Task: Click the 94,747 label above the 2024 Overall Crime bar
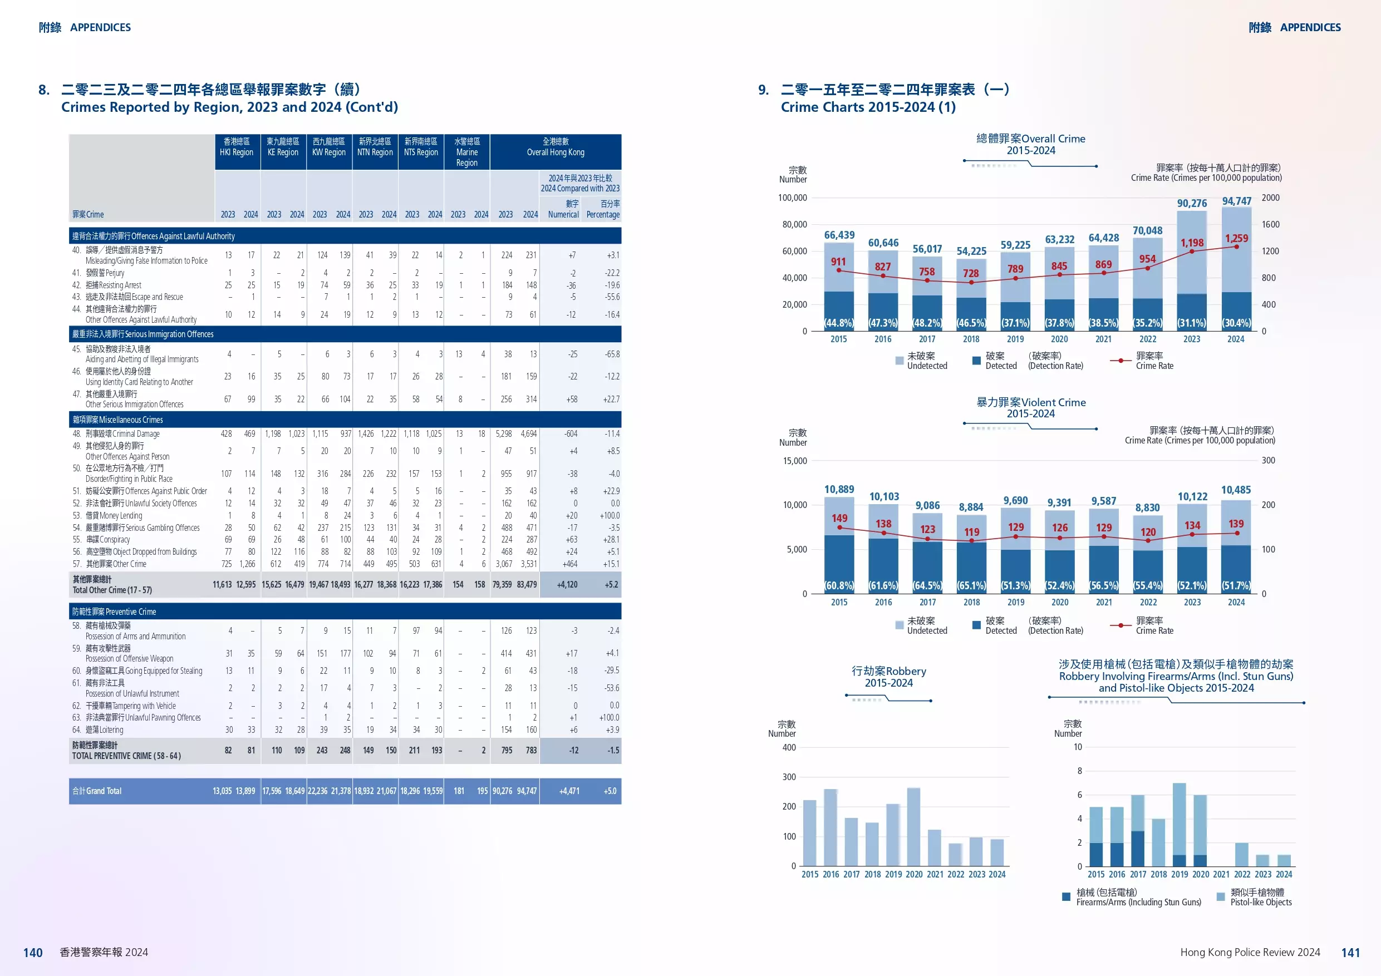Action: tap(1236, 201)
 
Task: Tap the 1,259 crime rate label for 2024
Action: tap(1236, 238)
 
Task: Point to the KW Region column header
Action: tap(328, 147)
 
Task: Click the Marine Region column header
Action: tap(467, 152)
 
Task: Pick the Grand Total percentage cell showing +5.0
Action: tap(610, 791)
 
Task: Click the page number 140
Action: tap(32, 953)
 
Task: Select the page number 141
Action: tap(1350, 953)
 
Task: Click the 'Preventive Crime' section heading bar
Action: tap(345, 612)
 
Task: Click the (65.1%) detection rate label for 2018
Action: tap(971, 585)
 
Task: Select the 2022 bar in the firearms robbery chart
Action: tap(1241, 854)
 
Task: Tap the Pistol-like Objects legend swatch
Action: tap(1220, 896)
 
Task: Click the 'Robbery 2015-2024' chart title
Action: tap(888, 677)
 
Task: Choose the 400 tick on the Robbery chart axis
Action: tap(789, 747)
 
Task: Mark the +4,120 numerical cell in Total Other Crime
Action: tap(567, 584)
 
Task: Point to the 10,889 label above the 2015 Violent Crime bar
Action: tap(839, 490)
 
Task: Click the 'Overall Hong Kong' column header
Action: tap(555, 147)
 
